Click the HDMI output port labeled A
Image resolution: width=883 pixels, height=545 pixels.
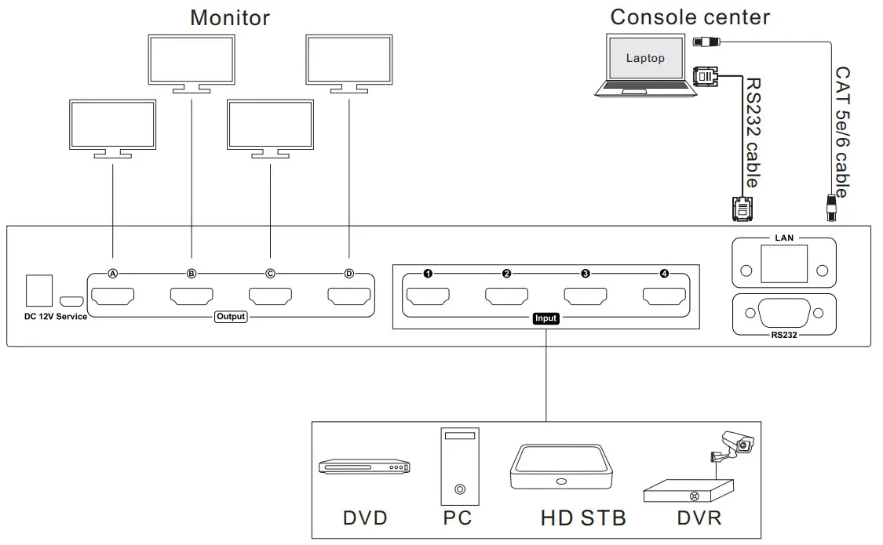[112, 298]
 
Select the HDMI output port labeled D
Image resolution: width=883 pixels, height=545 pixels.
[348, 298]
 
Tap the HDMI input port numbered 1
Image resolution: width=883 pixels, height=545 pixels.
[428, 297]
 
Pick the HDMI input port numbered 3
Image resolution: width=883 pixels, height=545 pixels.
[586, 297]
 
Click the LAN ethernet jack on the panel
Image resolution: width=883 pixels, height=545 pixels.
[783, 263]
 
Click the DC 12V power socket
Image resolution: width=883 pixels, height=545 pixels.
[38, 290]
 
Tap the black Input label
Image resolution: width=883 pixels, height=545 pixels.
[545, 318]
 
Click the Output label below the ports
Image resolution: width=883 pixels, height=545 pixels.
[231, 317]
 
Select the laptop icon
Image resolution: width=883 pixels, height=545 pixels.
[645, 64]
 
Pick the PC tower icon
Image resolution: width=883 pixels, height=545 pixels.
[458, 466]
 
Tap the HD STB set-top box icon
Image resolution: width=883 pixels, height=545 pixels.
[560, 468]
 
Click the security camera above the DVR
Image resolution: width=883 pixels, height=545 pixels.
[735, 445]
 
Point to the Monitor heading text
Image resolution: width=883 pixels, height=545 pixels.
[229, 17]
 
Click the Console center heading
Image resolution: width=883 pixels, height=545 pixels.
[690, 16]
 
